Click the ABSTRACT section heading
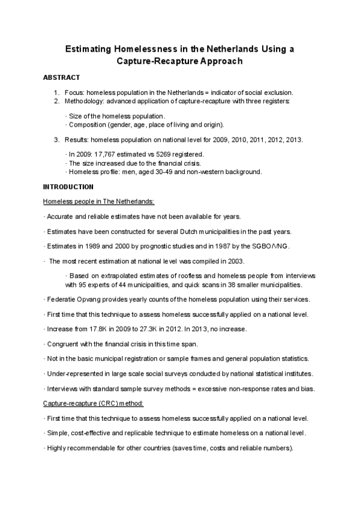tap(62, 78)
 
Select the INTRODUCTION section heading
tap(68, 187)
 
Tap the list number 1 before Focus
tap(56, 92)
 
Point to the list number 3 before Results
tap(56, 140)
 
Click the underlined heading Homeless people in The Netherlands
tap(98, 201)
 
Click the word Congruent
tap(62, 344)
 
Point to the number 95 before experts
tap(85, 285)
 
